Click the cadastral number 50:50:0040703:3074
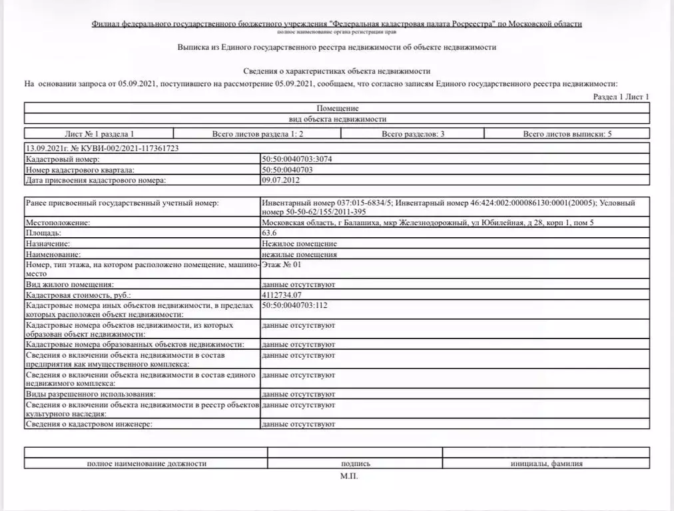(296, 160)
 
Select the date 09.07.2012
(280, 180)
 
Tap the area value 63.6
(268, 234)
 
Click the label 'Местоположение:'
(57, 223)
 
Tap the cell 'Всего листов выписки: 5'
(567, 134)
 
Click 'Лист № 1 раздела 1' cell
(99, 134)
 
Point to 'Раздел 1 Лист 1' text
(621, 97)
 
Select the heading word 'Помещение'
(338, 108)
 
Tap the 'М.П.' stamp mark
(348, 477)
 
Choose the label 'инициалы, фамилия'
(546, 464)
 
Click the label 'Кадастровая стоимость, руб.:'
(78, 294)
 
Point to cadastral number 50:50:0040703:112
(295, 305)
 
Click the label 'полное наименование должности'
(146, 464)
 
